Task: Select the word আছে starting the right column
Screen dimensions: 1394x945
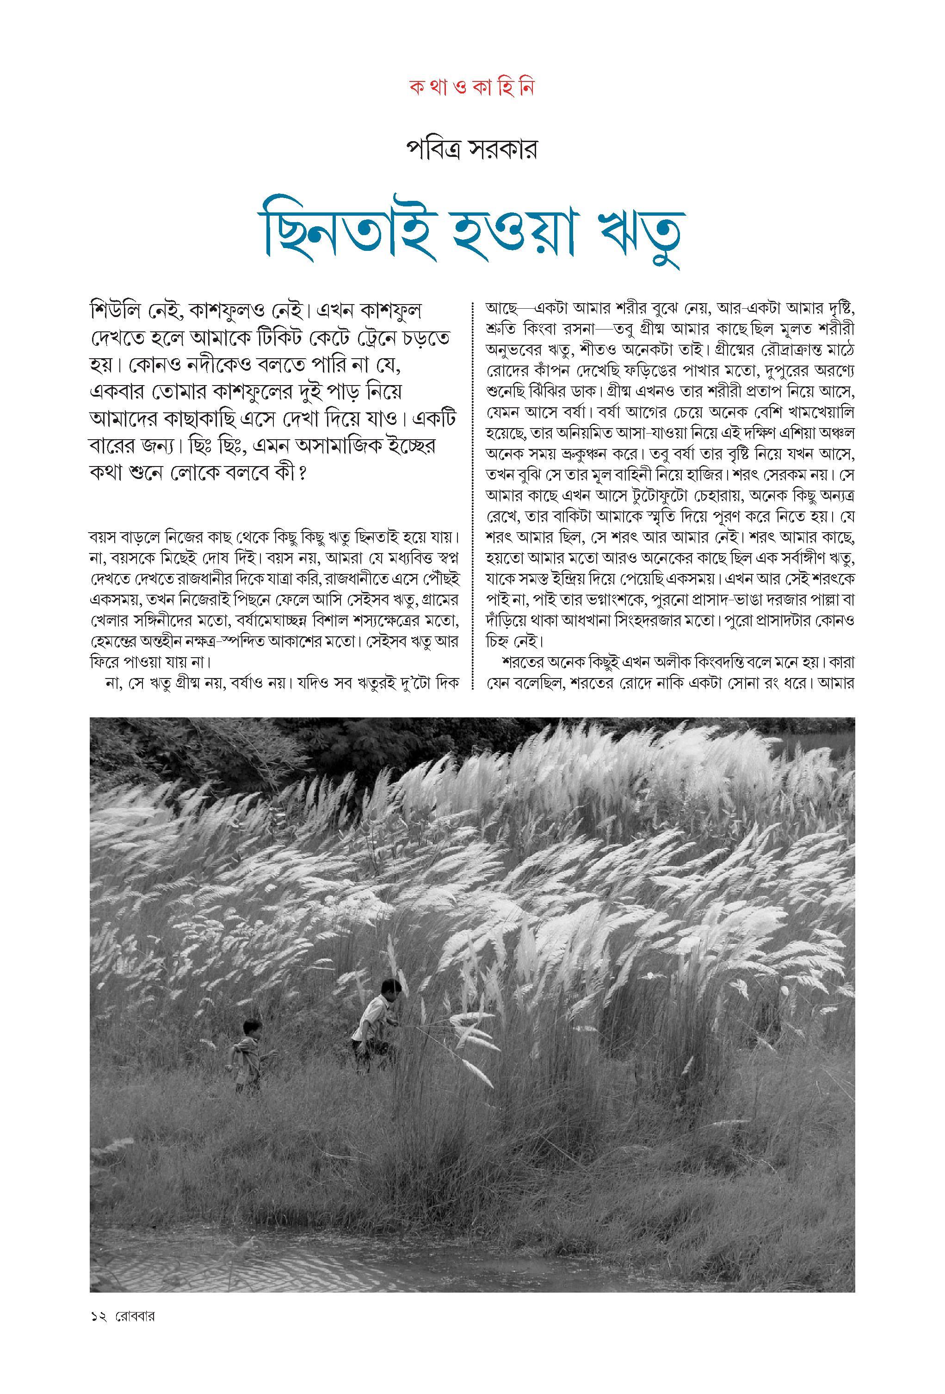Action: click(500, 308)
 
